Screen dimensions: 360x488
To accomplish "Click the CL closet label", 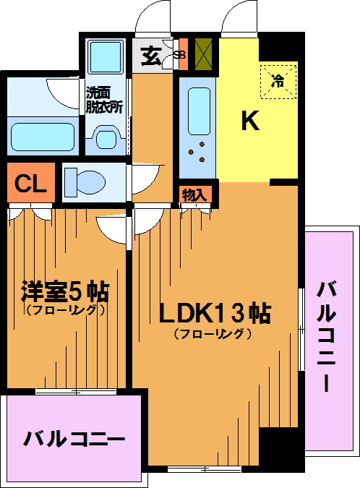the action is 31,184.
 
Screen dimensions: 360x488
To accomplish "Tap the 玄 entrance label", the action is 151,56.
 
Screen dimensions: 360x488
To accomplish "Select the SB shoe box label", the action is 179,55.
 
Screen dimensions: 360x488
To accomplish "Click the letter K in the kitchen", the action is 250,121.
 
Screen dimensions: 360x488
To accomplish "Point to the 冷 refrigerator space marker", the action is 278,82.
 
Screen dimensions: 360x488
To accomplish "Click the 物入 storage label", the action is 194,195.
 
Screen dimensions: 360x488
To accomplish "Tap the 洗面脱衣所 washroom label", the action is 104,100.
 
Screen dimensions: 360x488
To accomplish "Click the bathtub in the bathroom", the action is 43,137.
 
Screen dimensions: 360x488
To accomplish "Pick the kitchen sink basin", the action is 199,111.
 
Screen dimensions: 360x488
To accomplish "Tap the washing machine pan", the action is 106,56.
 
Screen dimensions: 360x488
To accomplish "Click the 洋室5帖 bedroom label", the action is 65,291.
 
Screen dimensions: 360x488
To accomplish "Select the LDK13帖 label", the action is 215,313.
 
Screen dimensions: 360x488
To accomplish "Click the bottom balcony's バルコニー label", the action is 74,439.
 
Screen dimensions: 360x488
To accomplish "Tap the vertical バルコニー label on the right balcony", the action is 326,336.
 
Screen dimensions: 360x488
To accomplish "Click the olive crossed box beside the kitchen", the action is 203,53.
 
